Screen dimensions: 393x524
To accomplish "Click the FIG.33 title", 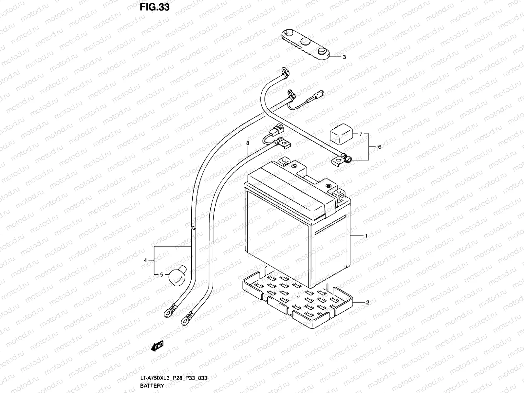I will [155, 7].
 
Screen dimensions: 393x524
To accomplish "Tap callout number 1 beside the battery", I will [366, 236].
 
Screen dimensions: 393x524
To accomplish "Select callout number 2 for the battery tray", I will [367, 303].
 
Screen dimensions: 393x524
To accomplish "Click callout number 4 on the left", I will [145, 260].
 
